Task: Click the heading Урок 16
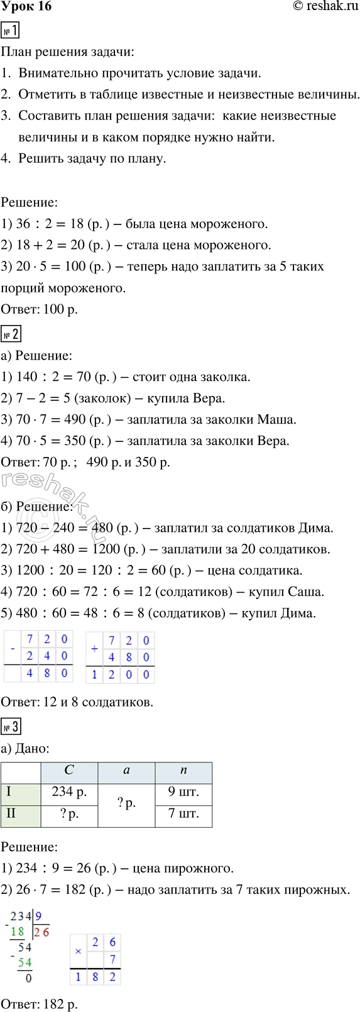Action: (x=26, y=7)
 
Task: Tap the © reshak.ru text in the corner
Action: (x=325, y=7)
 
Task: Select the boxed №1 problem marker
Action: (x=11, y=30)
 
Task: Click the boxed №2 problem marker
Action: (x=11, y=334)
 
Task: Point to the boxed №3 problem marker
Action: (x=11, y=727)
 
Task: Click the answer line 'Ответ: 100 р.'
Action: (x=40, y=309)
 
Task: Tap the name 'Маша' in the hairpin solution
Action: (x=276, y=419)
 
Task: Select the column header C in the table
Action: (x=69, y=771)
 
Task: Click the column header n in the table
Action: (x=183, y=771)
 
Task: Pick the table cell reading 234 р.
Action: (x=69, y=792)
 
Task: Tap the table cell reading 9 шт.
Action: (x=183, y=792)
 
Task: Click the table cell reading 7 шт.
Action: (x=183, y=813)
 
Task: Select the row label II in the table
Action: (x=11, y=813)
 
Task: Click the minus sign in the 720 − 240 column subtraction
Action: (x=12, y=647)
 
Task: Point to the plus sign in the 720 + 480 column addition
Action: (x=94, y=648)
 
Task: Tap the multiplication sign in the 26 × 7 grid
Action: (x=78, y=952)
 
